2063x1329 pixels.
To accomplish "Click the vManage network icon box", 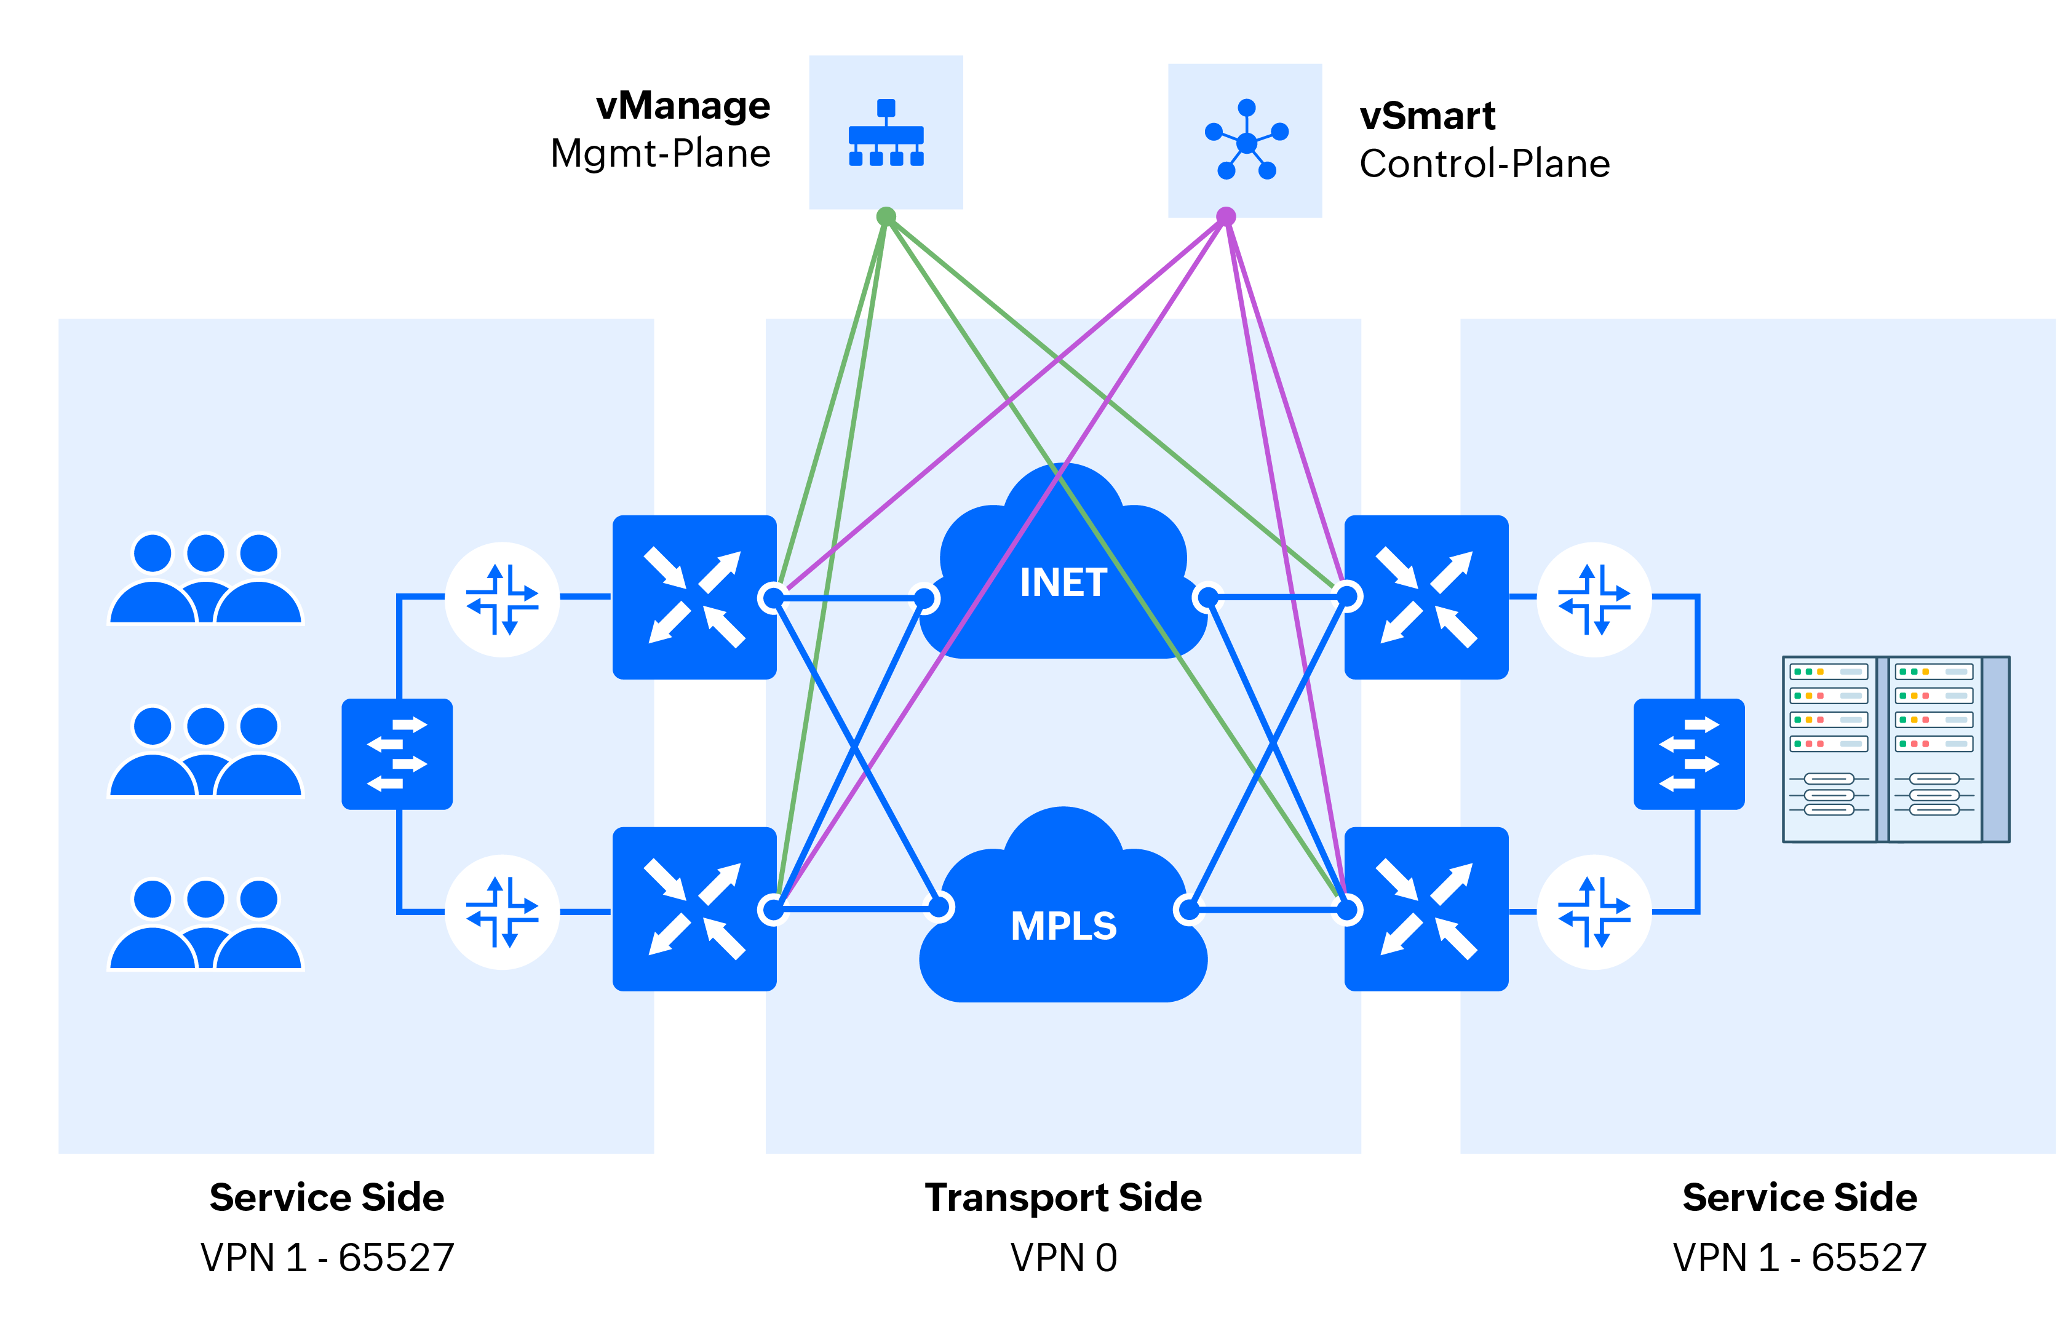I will point(884,132).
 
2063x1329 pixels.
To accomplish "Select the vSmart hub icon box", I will point(1244,140).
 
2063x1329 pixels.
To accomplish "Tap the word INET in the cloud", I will point(1063,582).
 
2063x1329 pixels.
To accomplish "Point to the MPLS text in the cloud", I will point(1063,926).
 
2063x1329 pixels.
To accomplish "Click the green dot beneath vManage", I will point(884,216).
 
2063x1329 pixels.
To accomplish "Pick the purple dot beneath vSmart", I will point(1225,216).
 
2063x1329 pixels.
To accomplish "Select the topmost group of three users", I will point(205,578).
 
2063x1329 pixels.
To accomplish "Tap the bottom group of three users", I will point(205,924).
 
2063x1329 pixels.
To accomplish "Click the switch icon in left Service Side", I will point(397,753).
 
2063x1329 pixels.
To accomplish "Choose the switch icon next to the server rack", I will point(1688,753).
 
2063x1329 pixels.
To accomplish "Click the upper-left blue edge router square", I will point(693,597).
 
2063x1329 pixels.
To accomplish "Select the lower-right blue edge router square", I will point(1425,909).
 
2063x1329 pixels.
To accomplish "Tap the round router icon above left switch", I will point(501,599).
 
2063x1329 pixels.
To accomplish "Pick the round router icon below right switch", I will point(1594,911).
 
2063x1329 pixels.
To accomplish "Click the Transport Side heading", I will point(1063,1197).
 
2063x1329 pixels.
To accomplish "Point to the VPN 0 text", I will point(1063,1258).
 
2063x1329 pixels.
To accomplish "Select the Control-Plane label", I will point(1484,164).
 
